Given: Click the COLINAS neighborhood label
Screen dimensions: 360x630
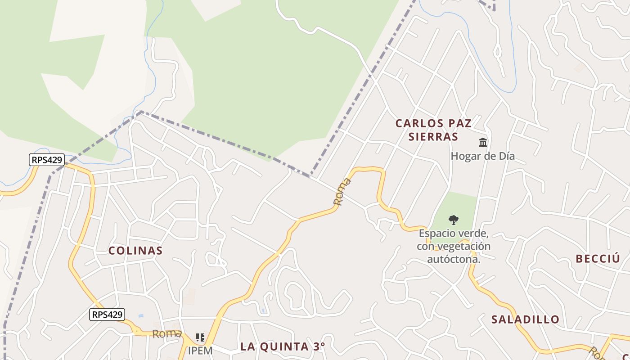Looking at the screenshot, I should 135,251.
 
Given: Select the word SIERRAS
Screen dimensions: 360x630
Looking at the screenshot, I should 433,137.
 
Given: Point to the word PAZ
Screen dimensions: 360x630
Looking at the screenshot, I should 459,123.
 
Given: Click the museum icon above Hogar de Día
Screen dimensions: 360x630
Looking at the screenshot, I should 483,143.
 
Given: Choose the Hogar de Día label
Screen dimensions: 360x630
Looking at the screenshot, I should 483,156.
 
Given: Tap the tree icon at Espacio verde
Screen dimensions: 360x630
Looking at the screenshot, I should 454,220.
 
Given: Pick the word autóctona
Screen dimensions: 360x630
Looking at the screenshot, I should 454,259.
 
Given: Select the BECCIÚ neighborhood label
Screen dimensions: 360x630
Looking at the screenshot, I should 598,259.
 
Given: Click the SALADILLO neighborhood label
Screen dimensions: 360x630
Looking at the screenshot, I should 525,319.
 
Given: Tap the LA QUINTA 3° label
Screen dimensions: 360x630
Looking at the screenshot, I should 282,346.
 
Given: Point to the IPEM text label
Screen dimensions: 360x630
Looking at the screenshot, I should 200,350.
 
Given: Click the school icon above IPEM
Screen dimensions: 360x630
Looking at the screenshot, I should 200,337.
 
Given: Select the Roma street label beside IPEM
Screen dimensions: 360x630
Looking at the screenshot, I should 166,334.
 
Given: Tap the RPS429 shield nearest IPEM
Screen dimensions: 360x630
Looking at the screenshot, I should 107,315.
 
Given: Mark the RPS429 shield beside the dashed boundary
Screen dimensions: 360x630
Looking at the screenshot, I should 47,160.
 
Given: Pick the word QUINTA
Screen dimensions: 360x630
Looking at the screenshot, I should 283,346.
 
